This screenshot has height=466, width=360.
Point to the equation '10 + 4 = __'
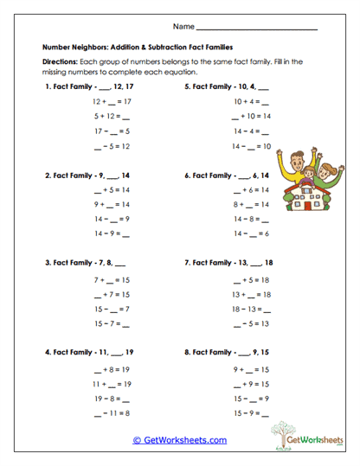pos(252,101)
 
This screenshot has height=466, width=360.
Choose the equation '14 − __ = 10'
pos(252,146)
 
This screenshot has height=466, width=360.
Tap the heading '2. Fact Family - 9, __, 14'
pos(87,175)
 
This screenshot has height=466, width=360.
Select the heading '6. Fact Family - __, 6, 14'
pos(227,175)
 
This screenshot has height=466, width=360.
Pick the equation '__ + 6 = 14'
pos(252,189)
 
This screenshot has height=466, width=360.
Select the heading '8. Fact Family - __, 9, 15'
pos(227,354)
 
